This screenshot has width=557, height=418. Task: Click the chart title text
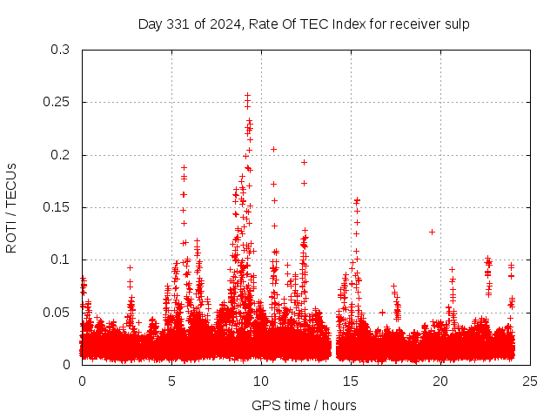tap(304, 24)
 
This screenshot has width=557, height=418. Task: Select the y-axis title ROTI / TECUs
tap(11, 207)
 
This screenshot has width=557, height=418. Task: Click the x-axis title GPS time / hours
tap(304, 405)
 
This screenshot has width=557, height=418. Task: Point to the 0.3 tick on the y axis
tap(60, 50)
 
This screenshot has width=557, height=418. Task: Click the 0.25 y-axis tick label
tap(57, 102)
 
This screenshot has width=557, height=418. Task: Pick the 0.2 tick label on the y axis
tap(60, 155)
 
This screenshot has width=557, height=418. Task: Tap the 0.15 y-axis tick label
tap(57, 207)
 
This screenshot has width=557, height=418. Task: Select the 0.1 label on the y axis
tap(60, 260)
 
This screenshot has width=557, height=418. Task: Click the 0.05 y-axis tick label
tap(57, 312)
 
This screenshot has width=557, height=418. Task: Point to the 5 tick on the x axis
tap(171, 381)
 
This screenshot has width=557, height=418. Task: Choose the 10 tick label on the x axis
tap(261, 381)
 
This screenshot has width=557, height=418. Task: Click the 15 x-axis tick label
tap(351, 381)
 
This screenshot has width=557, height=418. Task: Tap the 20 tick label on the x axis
tap(440, 381)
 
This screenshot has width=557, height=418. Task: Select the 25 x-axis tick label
tap(530, 381)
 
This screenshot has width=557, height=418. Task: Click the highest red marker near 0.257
tap(247, 95)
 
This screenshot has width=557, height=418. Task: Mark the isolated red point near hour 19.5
tap(432, 232)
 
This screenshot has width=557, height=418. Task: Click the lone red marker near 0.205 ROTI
tap(273, 149)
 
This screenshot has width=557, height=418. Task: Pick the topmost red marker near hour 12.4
tap(304, 162)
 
